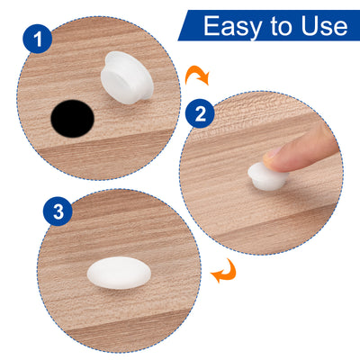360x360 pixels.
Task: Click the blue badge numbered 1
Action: [38, 39]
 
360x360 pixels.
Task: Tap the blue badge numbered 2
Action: [200, 113]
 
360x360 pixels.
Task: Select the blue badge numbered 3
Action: [58, 211]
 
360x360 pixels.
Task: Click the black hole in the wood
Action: [73, 119]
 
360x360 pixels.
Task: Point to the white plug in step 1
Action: [127, 78]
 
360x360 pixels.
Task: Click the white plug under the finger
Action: [267, 177]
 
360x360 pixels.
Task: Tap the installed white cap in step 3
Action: [119, 273]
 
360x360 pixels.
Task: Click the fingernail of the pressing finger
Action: [273, 153]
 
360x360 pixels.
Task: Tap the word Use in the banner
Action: [324, 26]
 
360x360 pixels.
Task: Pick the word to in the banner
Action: [283, 26]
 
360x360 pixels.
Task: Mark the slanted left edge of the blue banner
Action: [184, 25]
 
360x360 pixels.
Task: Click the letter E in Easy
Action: [211, 26]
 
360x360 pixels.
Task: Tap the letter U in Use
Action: [310, 26]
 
